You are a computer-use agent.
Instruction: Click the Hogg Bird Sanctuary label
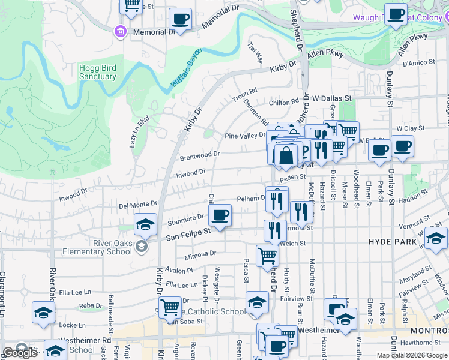coord(97,73)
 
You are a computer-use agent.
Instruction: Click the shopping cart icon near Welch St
coord(267,255)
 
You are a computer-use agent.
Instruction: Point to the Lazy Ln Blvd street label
coord(139,132)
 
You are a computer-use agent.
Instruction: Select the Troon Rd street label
coord(245,96)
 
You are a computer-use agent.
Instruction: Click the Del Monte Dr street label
coord(138,205)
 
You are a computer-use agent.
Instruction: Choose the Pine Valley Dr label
coord(244,136)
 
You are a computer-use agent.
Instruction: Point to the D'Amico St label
coord(418,62)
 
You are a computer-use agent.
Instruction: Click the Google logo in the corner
coord(19,353)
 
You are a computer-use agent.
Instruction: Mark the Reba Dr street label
coord(91,305)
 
